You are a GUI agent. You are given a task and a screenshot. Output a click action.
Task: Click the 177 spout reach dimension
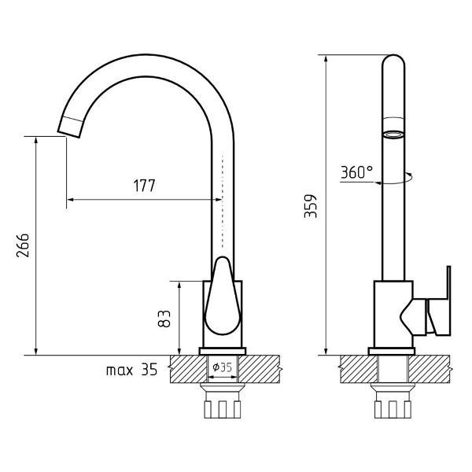[x=145, y=186]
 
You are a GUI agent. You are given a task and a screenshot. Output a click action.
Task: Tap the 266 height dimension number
[x=23, y=245]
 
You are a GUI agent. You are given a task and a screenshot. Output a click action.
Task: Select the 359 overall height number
[x=311, y=206]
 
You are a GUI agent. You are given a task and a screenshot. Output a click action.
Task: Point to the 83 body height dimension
[x=164, y=319]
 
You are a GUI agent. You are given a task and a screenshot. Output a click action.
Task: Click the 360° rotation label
[x=357, y=172]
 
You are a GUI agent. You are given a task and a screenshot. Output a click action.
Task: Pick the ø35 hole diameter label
[x=222, y=367]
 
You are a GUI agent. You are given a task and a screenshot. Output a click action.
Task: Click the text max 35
[x=132, y=370]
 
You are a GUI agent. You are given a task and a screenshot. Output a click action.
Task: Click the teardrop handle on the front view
[x=223, y=297]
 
